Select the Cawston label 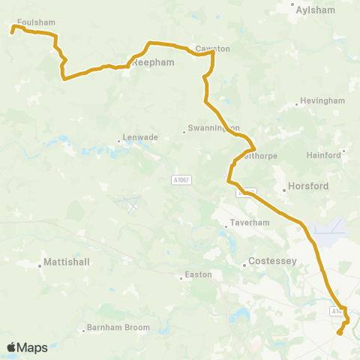tap(212, 49)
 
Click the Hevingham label tap(322, 101)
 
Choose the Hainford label tap(324, 155)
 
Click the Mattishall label tap(66, 263)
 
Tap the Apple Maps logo tap(27, 347)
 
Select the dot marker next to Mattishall tap(40, 263)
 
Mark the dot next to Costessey tap(245, 264)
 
